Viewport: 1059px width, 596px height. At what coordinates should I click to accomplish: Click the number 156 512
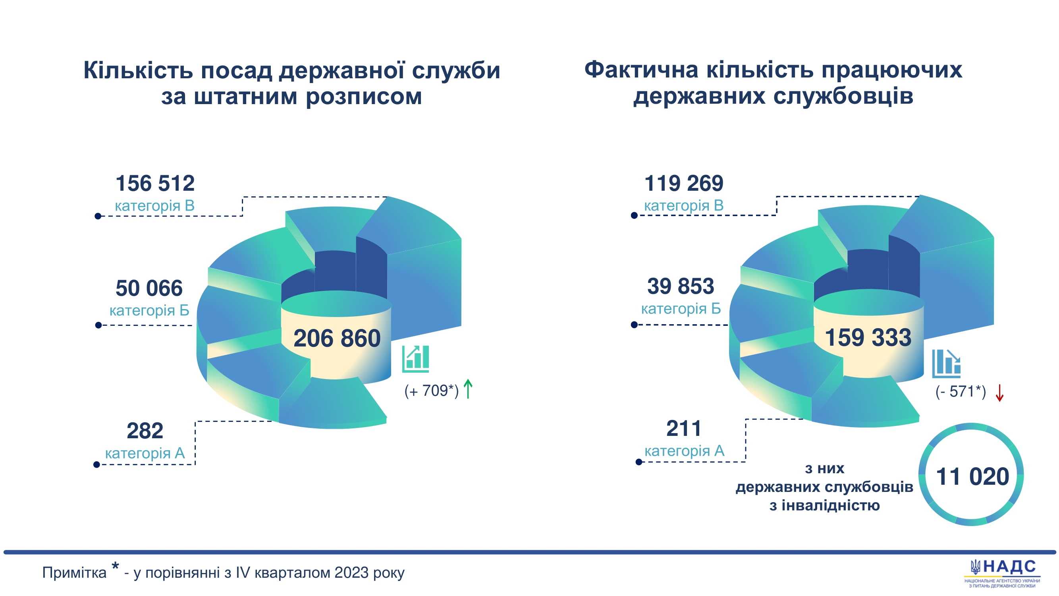[x=155, y=184]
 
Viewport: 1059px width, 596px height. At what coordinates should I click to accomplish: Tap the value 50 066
[x=149, y=288]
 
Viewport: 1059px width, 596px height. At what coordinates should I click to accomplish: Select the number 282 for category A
[x=145, y=431]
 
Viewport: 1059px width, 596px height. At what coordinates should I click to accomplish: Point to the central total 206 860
[x=337, y=338]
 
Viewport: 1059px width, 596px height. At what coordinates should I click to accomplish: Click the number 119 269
[x=684, y=184]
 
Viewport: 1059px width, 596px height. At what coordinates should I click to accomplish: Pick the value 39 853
[x=680, y=286]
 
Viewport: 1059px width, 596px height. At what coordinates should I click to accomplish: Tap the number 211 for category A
[x=683, y=429]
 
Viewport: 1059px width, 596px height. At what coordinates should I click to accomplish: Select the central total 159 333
[x=868, y=337]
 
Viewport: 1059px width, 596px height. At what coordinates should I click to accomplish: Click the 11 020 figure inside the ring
[x=972, y=476]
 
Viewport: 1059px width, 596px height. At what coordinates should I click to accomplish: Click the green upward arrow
[x=468, y=389]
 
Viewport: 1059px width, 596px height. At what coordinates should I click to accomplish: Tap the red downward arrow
[x=999, y=393]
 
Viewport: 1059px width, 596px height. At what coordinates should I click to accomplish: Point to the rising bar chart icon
[x=415, y=359]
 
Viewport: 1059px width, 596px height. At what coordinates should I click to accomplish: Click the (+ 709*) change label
[x=431, y=391]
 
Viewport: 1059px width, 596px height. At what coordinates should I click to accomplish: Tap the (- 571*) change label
[x=961, y=392]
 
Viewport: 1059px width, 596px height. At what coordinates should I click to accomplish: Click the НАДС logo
[x=1002, y=572]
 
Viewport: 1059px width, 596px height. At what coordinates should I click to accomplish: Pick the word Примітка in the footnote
[x=74, y=573]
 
